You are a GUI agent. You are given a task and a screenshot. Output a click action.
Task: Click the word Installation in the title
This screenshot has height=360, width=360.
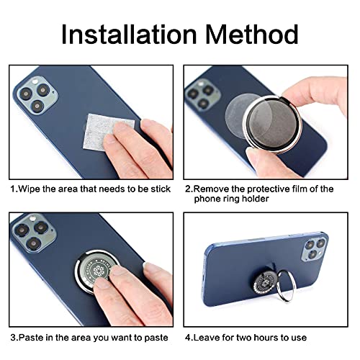point(129,34)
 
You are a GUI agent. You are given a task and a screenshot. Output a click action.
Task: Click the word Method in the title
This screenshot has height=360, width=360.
point(252,34)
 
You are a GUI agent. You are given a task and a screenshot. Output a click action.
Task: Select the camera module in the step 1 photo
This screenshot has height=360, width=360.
point(35,95)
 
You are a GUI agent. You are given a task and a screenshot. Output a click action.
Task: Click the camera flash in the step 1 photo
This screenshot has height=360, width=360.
point(35,81)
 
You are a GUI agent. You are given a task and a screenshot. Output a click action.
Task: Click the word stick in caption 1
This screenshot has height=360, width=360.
point(161,189)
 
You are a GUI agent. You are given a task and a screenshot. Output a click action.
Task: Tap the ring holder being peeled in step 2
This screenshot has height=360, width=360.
point(272,124)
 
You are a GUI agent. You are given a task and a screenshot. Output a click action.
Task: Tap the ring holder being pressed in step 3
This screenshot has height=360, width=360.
point(96,271)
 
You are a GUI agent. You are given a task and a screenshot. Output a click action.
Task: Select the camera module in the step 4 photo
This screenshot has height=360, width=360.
point(315,248)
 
